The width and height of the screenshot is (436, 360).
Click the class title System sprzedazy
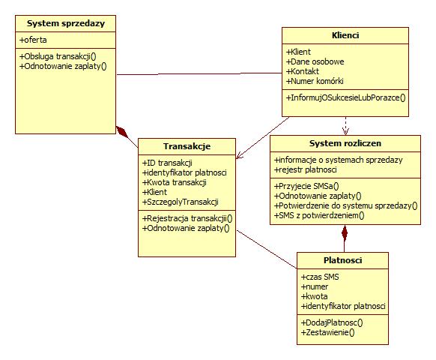pos(66,23)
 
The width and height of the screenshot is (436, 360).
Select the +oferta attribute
pos(33,40)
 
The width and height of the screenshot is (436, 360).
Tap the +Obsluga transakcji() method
pos(58,56)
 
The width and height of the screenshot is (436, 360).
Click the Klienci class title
pos(345,35)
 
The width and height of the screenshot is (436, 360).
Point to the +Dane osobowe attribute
pos(315,61)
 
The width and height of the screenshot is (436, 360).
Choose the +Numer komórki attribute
pos(315,81)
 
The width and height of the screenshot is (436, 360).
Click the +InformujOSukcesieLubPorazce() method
pos(346,97)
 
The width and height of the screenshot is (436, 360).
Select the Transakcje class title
pos(187,146)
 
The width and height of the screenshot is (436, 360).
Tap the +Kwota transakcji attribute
pos(175,182)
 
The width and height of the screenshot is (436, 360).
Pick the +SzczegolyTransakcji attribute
pos(181,202)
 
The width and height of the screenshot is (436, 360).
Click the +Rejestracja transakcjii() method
pos(187,218)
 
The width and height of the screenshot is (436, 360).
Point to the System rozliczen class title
pos(345,143)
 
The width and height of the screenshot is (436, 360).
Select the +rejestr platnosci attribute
pos(306,169)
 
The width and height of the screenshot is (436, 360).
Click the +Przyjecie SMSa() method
pos(306,186)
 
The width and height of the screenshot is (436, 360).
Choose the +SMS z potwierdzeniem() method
pos(319,215)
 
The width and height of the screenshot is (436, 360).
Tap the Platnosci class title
pos(343,260)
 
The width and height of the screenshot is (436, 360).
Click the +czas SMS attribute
pos(320,277)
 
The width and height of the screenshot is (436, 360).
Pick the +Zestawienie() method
pos(328,332)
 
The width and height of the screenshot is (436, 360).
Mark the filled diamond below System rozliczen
pos(345,233)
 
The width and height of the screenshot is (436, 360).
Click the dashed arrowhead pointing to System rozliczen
pos(345,131)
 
